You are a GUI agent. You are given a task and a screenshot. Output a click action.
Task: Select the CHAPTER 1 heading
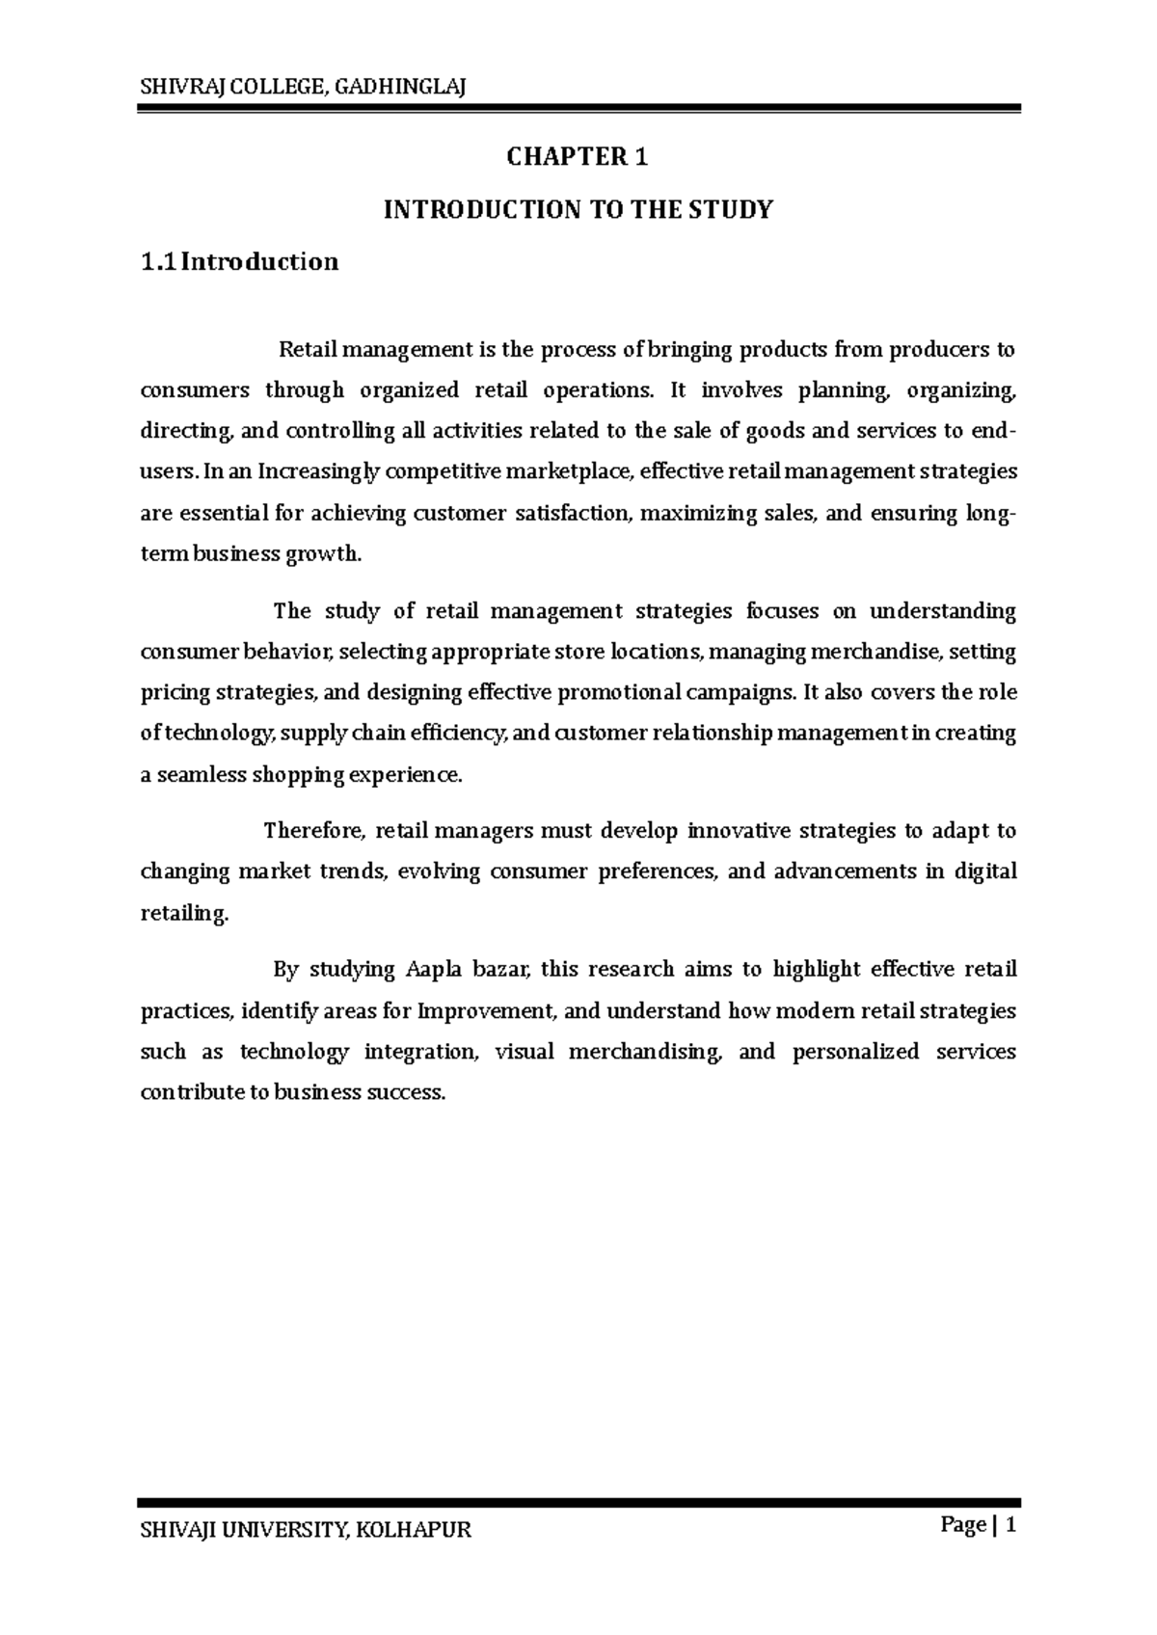578,157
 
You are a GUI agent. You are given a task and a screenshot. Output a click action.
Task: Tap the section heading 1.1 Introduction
240,261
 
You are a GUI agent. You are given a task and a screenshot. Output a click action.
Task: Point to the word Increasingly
300,471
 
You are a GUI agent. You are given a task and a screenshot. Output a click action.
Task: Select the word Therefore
314,830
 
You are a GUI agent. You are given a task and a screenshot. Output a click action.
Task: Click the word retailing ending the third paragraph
184,913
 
